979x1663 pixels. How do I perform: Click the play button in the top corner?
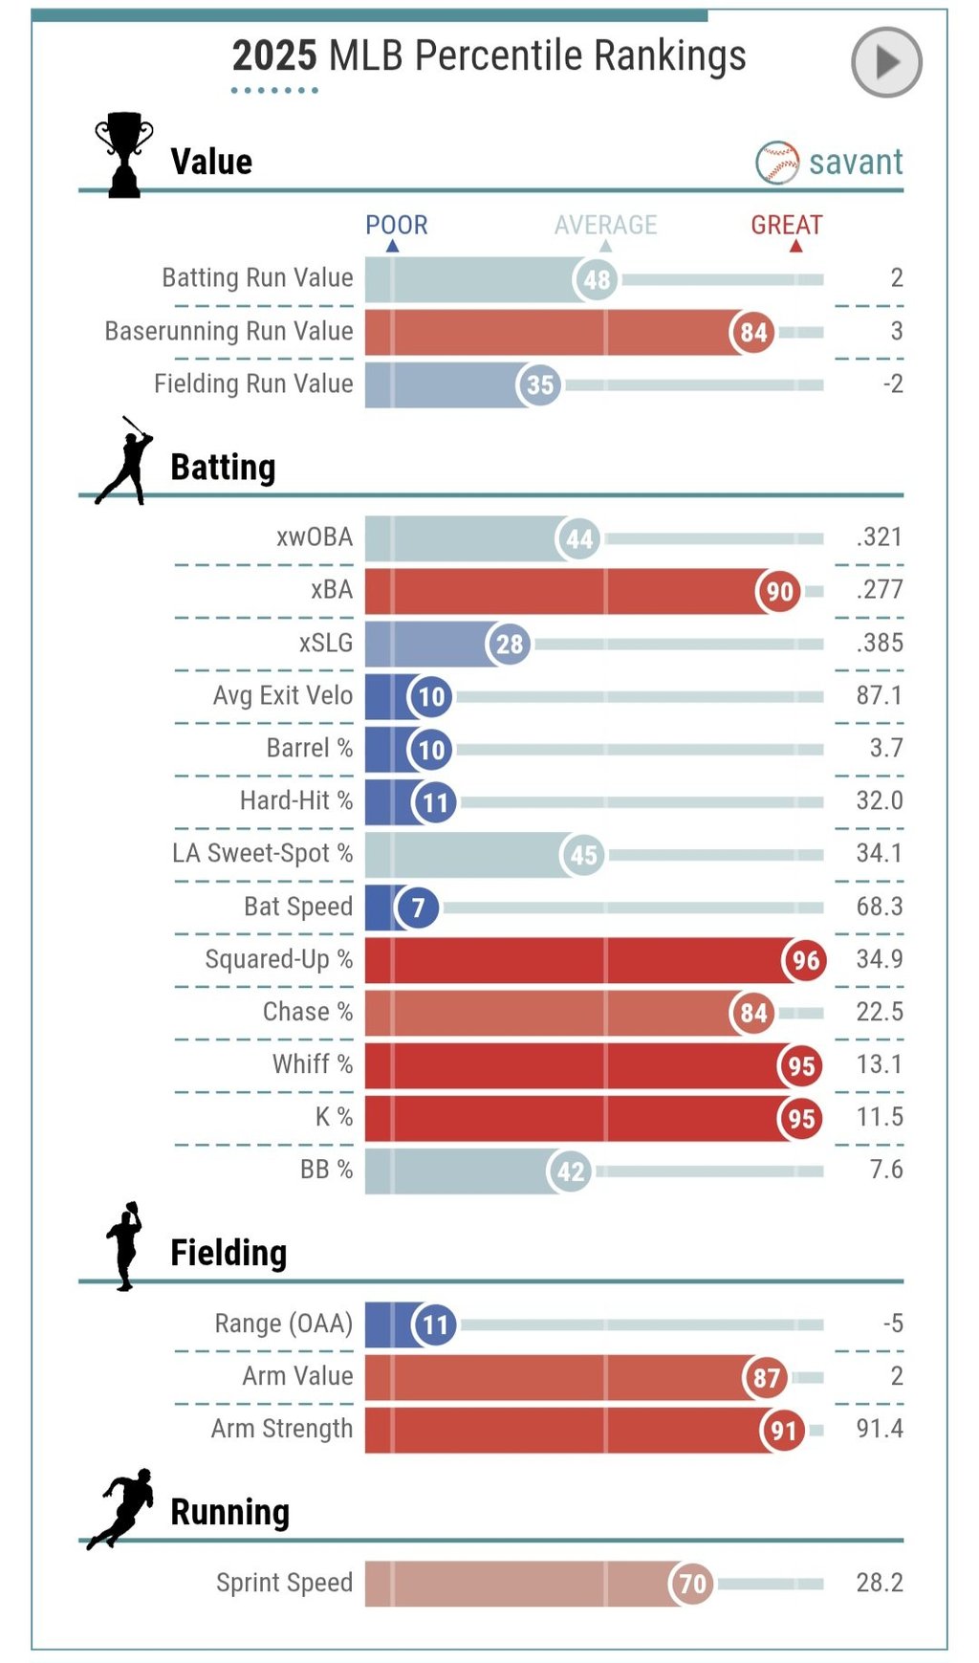click(x=886, y=62)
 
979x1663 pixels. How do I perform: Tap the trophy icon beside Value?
click(x=124, y=155)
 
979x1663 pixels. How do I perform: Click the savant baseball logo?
click(x=777, y=163)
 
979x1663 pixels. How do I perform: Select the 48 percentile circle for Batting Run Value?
click(x=597, y=280)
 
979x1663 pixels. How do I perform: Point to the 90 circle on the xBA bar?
click(x=779, y=592)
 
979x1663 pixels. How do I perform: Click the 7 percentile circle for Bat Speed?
click(x=418, y=908)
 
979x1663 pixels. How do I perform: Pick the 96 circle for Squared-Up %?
click(x=805, y=960)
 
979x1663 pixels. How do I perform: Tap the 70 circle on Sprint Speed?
click(x=692, y=1585)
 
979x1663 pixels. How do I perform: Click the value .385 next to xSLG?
click(x=880, y=643)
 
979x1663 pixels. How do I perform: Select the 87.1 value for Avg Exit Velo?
click(x=880, y=695)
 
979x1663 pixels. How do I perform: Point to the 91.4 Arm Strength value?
click(x=880, y=1429)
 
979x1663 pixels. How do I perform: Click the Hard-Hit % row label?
click(x=296, y=800)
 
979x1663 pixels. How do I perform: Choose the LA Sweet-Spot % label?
click(x=263, y=853)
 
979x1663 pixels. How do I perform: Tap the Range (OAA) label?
click(x=284, y=1324)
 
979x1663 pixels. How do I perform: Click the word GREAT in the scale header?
click(x=786, y=225)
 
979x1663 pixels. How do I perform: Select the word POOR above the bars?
click(x=397, y=225)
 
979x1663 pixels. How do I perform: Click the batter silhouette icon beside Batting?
click(x=124, y=461)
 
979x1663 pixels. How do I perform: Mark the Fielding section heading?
click(x=228, y=1253)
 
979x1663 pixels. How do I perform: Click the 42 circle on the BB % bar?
click(x=571, y=1171)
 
